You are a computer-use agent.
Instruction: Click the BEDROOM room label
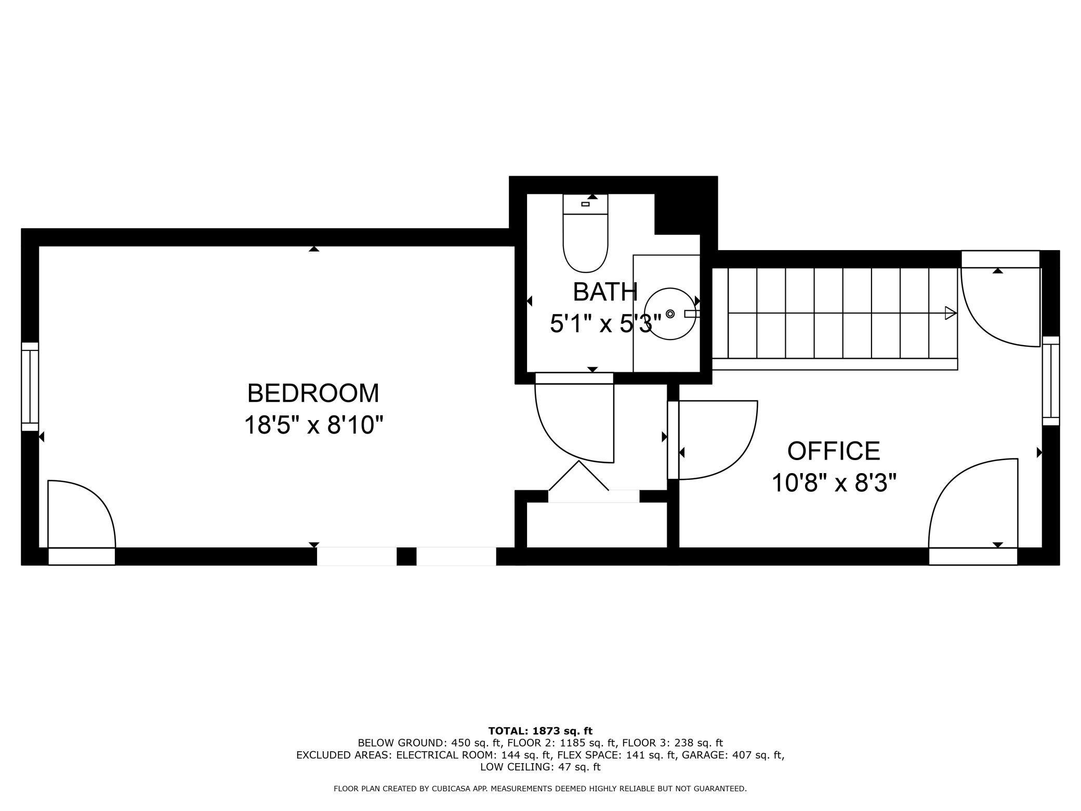pyautogui.click(x=313, y=393)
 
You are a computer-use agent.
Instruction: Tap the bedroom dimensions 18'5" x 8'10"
pyautogui.click(x=313, y=425)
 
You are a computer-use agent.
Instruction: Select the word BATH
pyautogui.click(x=605, y=292)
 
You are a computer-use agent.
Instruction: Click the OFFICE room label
pyautogui.click(x=834, y=451)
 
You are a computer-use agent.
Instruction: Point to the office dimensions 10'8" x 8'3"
pyautogui.click(x=834, y=483)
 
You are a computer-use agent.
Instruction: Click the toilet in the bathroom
pyautogui.click(x=585, y=233)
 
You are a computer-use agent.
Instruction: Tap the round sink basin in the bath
pyautogui.click(x=670, y=314)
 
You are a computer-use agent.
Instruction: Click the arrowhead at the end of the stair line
pyautogui.click(x=951, y=313)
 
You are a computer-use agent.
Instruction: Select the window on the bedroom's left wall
pyautogui.click(x=30, y=386)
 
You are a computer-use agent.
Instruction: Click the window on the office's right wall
pyautogui.click(x=1051, y=381)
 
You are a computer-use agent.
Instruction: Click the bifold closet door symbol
pyautogui.click(x=578, y=476)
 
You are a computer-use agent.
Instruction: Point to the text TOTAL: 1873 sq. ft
pyautogui.click(x=540, y=731)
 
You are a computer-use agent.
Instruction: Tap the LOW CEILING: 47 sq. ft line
pyautogui.click(x=540, y=767)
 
